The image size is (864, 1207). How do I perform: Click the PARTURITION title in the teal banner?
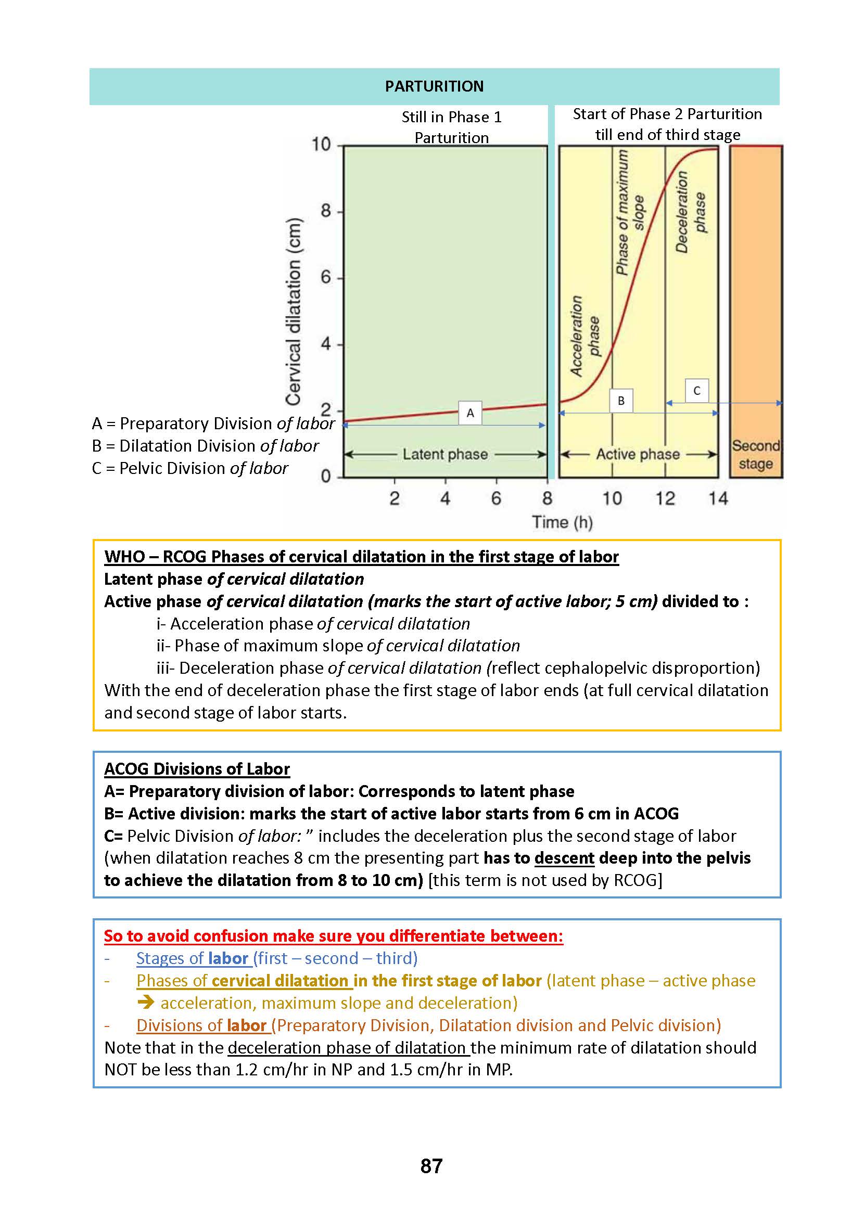tap(434, 86)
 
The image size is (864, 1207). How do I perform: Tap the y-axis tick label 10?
tap(321, 144)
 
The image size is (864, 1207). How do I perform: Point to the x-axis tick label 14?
tap(718, 498)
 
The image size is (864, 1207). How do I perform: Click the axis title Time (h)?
tap(562, 522)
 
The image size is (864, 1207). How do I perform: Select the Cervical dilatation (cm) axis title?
tap(294, 312)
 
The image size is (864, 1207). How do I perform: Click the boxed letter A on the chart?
tap(470, 413)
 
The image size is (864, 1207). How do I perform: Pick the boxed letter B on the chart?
tap(621, 401)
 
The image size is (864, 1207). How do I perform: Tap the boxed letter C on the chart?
tap(696, 391)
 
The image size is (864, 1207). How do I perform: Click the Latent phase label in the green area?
tap(445, 454)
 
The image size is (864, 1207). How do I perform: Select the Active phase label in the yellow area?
tap(638, 454)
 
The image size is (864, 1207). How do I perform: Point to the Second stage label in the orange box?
tap(755, 455)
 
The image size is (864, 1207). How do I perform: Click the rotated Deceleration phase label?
tap(691, 212)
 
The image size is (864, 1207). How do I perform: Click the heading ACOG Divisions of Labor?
tap(197, 769)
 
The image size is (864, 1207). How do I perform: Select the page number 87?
tap(431, 1166)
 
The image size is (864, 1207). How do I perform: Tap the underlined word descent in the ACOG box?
tap(564, 858)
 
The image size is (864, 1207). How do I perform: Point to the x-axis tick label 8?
tap(548, 498)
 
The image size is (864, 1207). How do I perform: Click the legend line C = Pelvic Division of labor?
tap(190, 468)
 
